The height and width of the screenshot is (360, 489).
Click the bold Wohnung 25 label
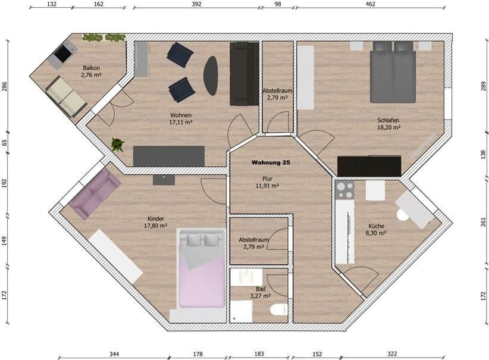point(271,162)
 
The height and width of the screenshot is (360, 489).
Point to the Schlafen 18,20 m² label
point(388,124)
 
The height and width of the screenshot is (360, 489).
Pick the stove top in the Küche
point(345,190)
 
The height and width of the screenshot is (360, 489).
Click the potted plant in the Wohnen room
point(117,144)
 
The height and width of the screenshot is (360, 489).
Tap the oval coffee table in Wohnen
point(211,76)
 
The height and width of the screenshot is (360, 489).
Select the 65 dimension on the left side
point(5,143)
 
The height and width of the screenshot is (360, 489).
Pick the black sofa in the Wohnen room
point(244,74)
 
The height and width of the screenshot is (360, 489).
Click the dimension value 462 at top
point(370,4)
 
